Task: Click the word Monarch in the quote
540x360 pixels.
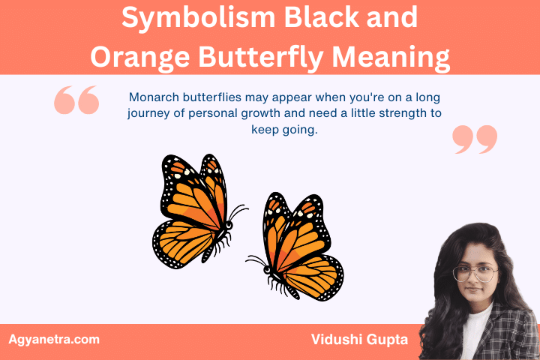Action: pos(154,97)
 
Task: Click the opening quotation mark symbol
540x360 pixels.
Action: pos(77,100)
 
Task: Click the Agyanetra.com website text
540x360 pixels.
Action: pos(53,339)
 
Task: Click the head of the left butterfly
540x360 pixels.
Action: pos(228,223)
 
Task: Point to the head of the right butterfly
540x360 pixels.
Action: pos(267,269)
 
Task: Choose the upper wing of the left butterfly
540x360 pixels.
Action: pos(191,191)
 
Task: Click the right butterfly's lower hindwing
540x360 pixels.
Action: pos(315,277)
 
